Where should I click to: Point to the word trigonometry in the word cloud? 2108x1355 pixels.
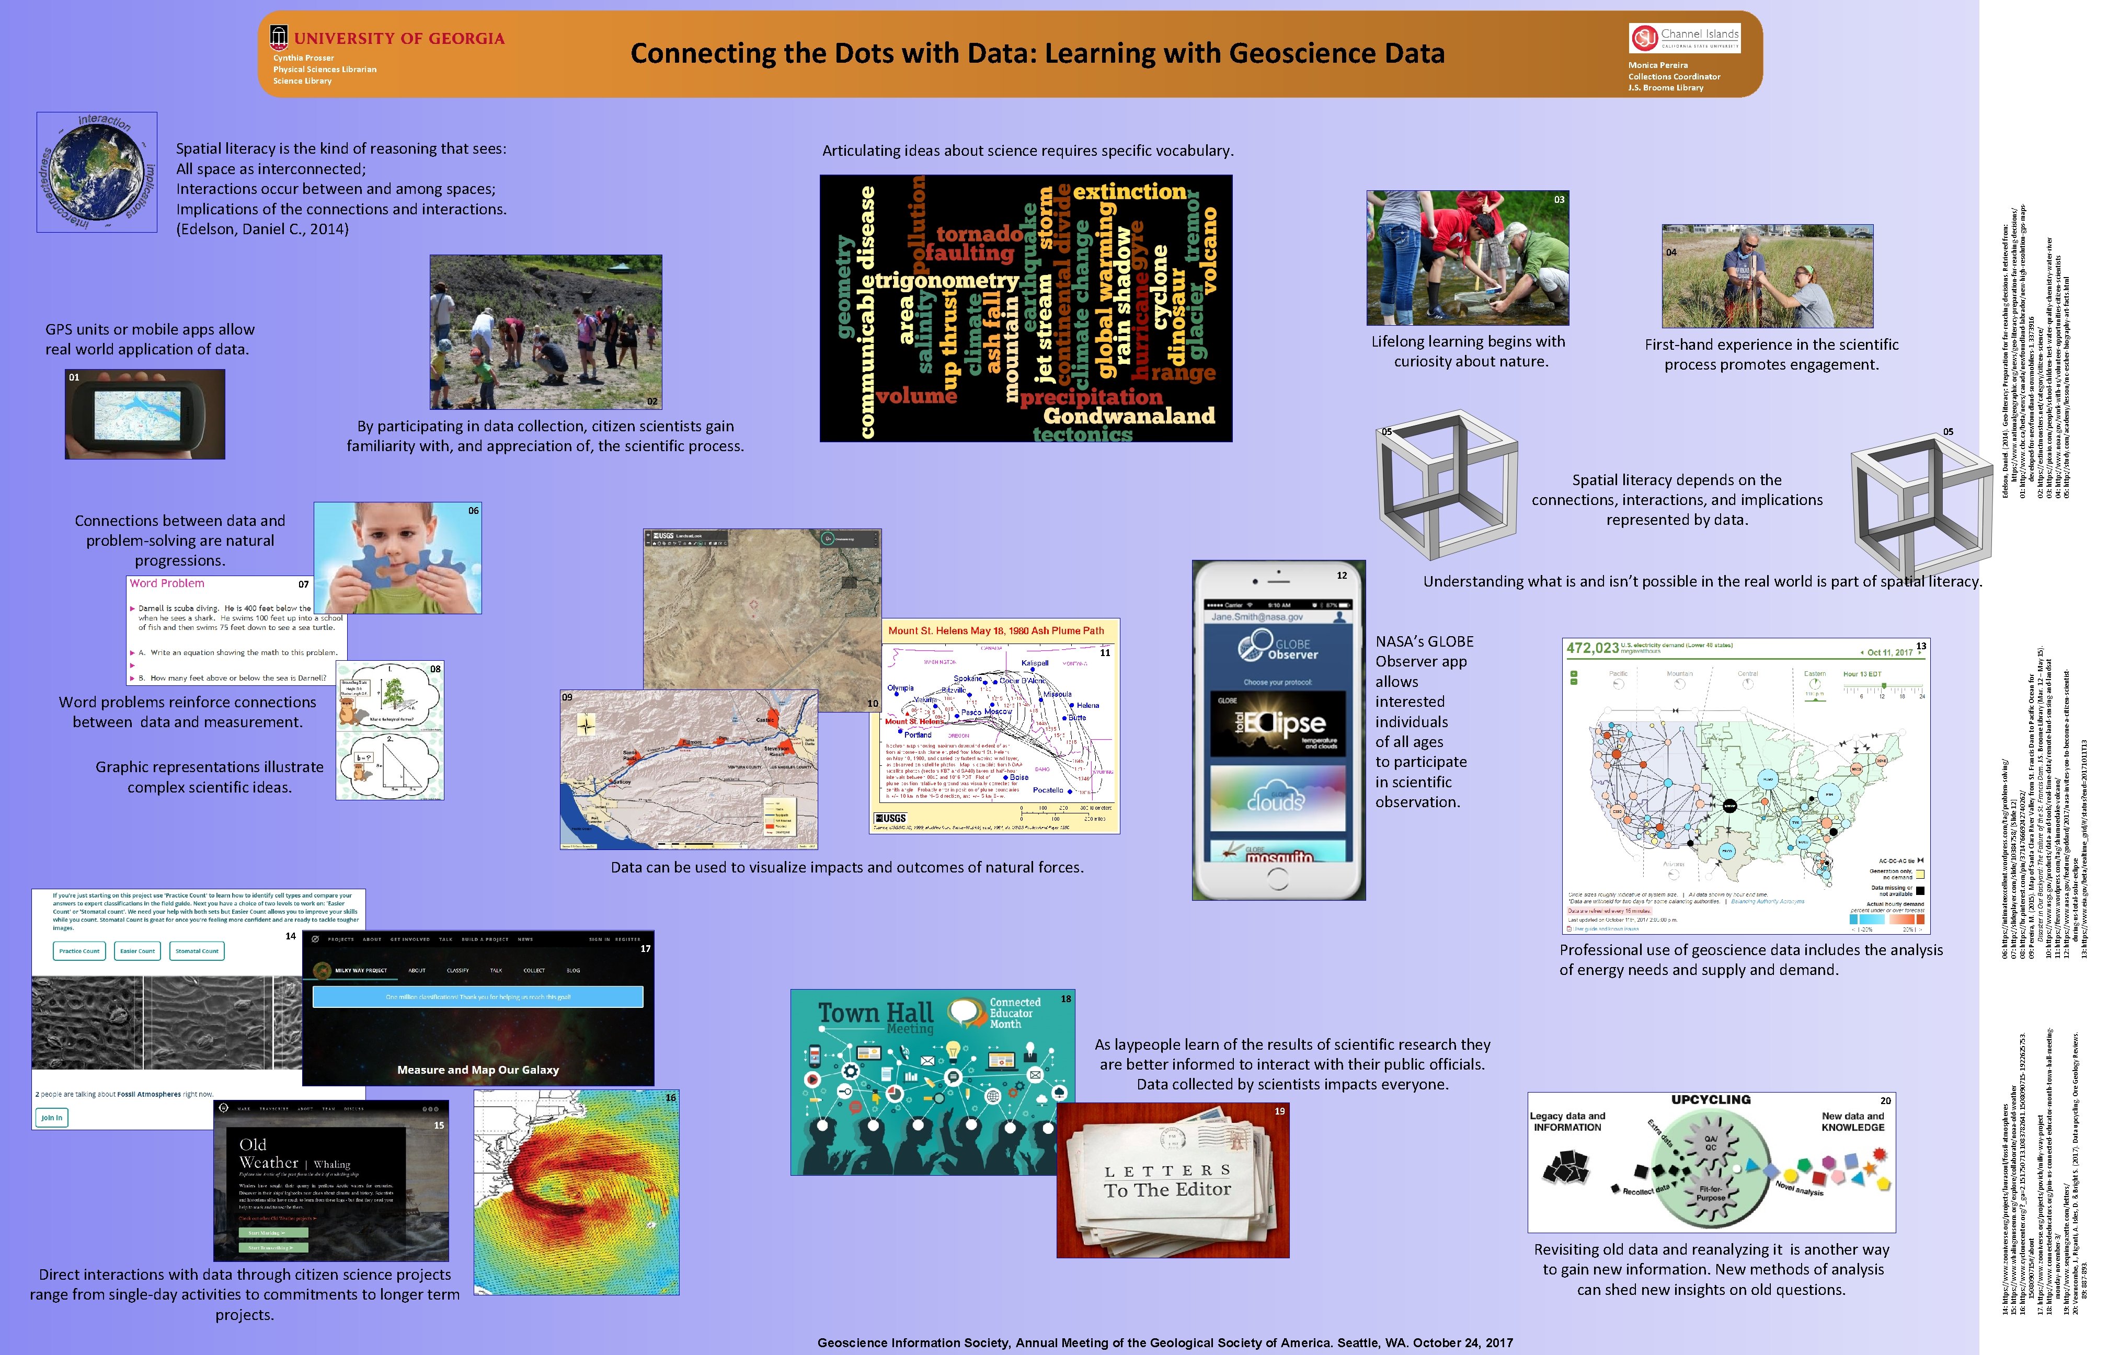click(x=946, y=281)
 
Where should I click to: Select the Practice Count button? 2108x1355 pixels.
click(x=79, y=951)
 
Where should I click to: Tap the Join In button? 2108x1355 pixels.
click(x=52, y=1118)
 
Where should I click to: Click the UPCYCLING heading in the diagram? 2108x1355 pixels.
click(x=1710, y=1100)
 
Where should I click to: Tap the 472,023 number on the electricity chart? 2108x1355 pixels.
click(x=1591, y=648)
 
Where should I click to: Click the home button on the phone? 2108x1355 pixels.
click(x=1277, y=877)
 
